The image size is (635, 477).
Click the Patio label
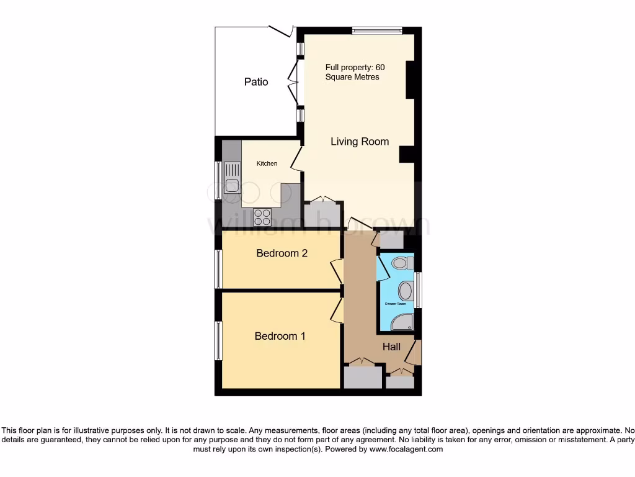pos(256,81)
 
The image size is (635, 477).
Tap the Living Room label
pos(360,142)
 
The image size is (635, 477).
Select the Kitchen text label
pos(267,163)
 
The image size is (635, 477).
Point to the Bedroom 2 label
pos(282,253)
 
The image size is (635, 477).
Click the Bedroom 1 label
pos(280,336)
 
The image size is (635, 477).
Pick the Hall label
pos(391,347)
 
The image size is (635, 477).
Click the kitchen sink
pos(232,177)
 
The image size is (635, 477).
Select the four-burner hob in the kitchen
pos(262,217)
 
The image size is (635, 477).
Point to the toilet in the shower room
pos(402,263)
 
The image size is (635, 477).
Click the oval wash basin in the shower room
pos(406,290)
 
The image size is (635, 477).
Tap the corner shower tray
pos(404,320)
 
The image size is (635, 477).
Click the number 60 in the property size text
pos(389,66)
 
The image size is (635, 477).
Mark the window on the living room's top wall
pos(376,30)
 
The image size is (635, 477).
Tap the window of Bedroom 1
pos(218,340)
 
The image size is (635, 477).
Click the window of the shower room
pos(419,290)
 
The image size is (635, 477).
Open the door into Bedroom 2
pos(337,271)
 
